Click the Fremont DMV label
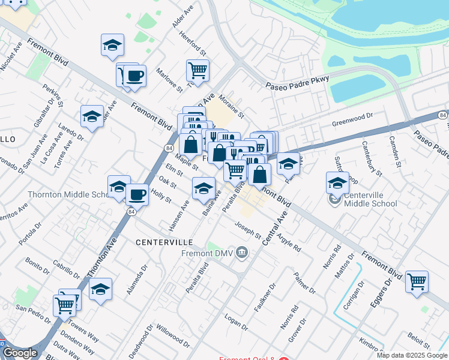coord(206,253)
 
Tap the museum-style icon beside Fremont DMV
coord(242,252)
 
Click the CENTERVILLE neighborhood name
coord(164,242)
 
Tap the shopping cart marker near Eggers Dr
coord(417,281)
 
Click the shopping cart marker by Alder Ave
coord(197,71)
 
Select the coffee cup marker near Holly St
coord(137,194)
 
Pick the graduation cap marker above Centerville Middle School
coord(337,182)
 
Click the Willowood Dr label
coord(172,337)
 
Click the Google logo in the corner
coord(20,353)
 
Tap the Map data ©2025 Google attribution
coord(411,355)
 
